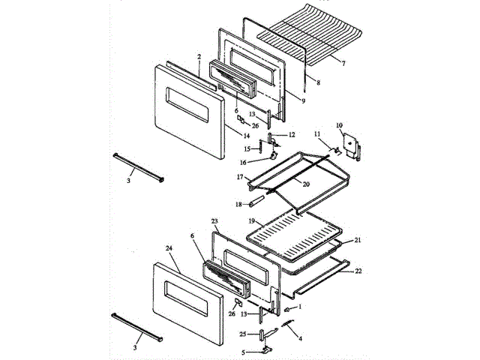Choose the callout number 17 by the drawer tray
click(241, 177)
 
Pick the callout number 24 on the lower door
click(168, 248)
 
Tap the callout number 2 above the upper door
click(199, 56)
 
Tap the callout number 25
click(242, 333)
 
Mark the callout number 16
click(243, 162)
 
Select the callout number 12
click(292, 134)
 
